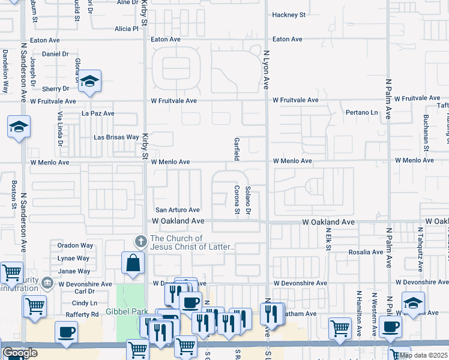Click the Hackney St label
coord(289,14)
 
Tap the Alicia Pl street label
coord(127,29)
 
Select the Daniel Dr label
coord(55,54)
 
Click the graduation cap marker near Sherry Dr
coord(89,82)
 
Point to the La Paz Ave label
coord(98,113)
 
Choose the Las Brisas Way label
coord(116,137)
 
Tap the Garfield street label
coord(237,149)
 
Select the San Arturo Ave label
coord(178,210)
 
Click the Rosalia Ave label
coord(366,253)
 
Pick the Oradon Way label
coord(75,245)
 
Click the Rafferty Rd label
coord(86,314)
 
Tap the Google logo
coord(20,353)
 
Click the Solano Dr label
coord(248,203)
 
